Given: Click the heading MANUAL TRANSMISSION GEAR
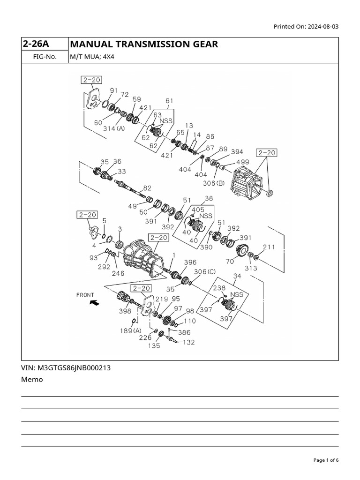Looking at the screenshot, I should (143, 45).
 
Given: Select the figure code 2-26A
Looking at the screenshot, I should (36, 45).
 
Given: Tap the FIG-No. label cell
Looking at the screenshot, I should (45, 57).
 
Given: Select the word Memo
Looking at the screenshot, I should (32, 379).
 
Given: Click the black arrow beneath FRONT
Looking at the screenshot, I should (94, 303).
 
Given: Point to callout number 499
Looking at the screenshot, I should (242, 162).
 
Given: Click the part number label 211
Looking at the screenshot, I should (269, 247).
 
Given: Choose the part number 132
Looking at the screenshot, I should (188, 342).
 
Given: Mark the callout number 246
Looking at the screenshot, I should (118, 273).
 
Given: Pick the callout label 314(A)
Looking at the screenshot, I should (114, 128).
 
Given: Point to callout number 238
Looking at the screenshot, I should (219, 288).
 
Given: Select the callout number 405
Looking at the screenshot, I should (198, 210).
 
